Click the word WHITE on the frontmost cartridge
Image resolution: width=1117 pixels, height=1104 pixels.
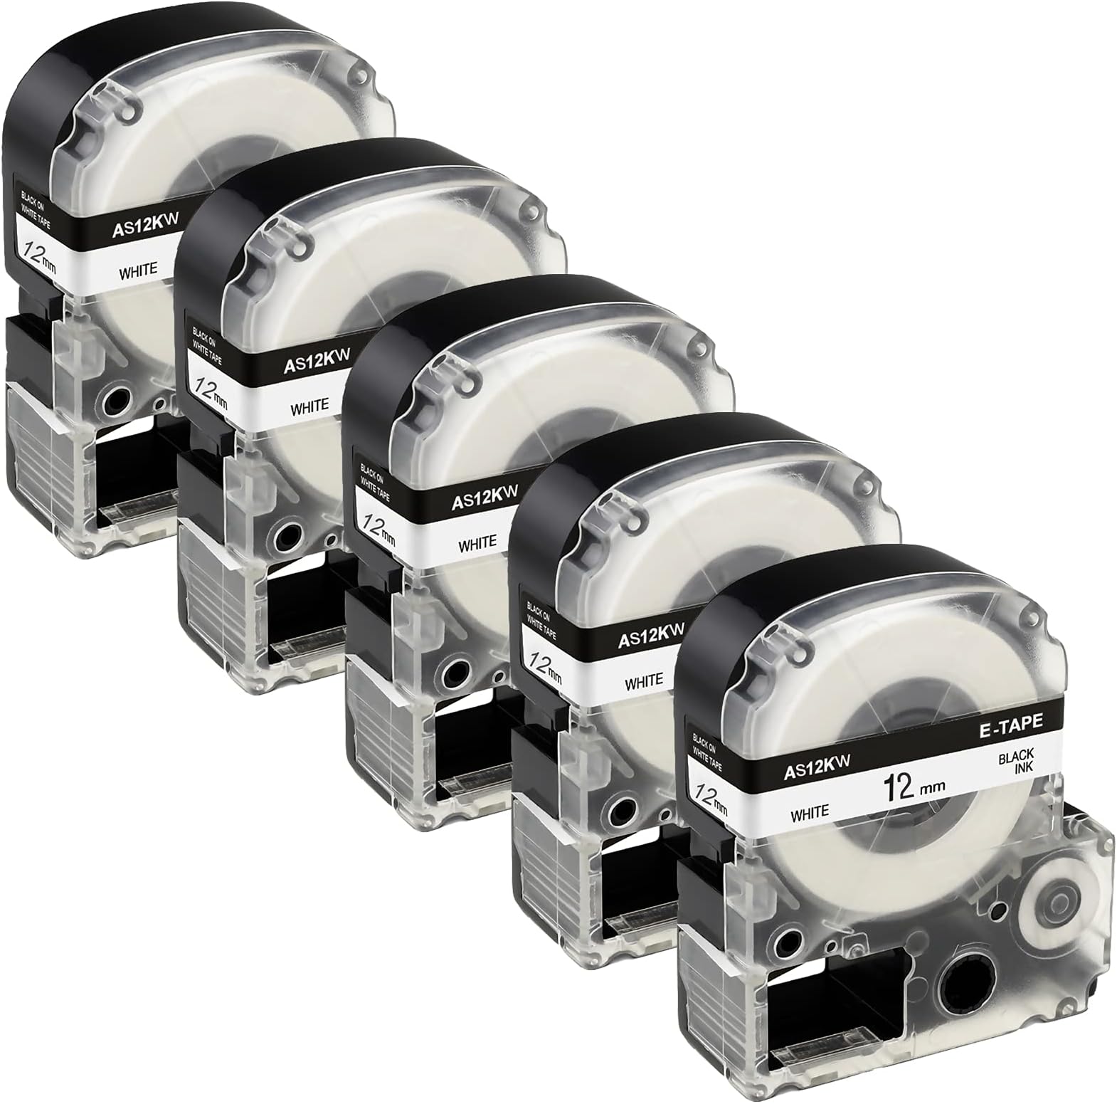pos(810,812)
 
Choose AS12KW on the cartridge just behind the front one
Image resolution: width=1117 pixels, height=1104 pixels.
pos(651,632)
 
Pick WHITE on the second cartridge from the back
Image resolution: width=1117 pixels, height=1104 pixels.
pos(309,408)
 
